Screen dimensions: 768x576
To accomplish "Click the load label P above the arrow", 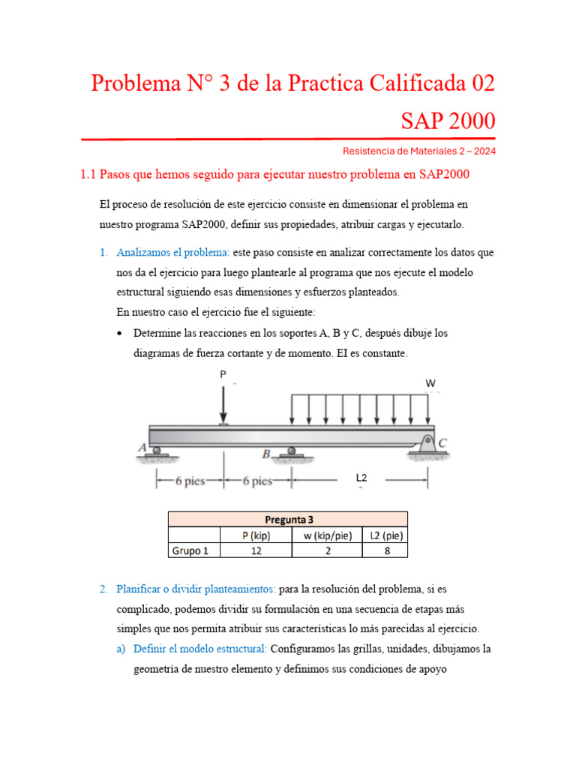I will (222, 374).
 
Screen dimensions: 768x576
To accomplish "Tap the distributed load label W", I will (430, 383).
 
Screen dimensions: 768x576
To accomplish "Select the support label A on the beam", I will (142, 447).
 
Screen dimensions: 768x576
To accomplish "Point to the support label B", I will (266, 454).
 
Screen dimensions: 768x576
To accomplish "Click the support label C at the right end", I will (442, 444).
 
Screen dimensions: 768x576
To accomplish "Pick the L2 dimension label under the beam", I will (361, 477).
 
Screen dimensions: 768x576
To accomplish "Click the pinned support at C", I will (427, 445).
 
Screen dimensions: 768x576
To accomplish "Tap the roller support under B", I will (290, 452).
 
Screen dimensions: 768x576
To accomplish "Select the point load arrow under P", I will (223, 406).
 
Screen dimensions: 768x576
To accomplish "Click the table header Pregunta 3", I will (288, 519).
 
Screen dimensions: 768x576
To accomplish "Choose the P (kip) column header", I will (256, 535).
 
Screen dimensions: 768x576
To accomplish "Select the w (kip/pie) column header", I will (326, 535).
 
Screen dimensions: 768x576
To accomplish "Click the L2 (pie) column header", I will (385, 535).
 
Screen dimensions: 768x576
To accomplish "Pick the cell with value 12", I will (256, 551).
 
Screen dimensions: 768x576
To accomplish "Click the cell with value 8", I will (385, 551).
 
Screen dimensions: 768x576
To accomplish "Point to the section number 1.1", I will (88, 175).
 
